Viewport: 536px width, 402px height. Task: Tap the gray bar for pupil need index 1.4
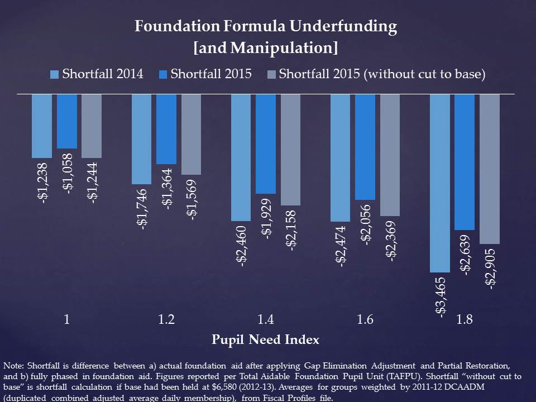(290, 150)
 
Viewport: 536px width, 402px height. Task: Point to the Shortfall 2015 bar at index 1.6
(365, 146)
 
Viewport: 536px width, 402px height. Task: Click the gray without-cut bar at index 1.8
(490, 169)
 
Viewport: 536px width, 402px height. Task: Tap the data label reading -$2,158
(291, 231)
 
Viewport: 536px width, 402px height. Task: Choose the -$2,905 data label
(490, 269)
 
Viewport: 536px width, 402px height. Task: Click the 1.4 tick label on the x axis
(266, 320)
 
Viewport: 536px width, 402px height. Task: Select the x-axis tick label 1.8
(465, 320)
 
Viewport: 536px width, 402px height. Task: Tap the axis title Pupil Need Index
(266, 339)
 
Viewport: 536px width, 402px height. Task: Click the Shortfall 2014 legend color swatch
(54, 74)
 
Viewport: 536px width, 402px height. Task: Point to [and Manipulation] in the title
(266, 48)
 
